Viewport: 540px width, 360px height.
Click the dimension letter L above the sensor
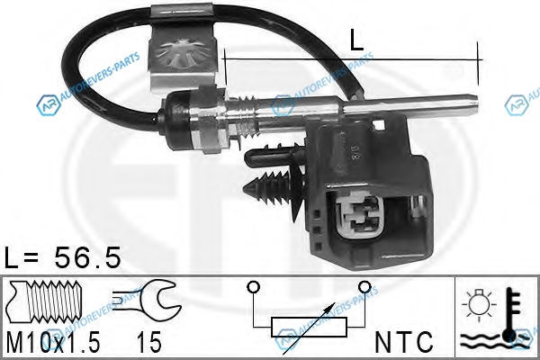[356, 40]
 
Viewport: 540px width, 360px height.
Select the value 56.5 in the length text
[86, 257]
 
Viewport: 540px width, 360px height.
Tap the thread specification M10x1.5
[53, 342]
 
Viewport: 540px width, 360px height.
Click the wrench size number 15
[148, 342]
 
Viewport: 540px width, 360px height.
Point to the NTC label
[403, 342]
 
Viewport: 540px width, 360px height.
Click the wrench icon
[147, 297]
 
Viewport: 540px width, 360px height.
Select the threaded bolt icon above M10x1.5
[45, 300]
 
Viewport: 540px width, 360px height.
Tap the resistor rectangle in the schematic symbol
[309, 327]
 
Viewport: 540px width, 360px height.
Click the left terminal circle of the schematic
[253, 286]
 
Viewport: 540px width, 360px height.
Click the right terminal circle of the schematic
[364, 286]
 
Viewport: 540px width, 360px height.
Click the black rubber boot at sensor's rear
[177, 120]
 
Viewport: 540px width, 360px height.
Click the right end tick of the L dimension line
[478, 64]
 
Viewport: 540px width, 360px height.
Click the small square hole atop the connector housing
[379, 125]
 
